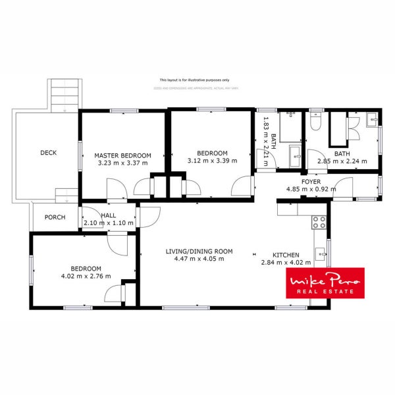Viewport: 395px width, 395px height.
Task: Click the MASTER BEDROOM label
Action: point(123,155)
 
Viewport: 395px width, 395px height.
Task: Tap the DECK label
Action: point(48,153)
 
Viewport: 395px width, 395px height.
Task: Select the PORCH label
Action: point(55,217)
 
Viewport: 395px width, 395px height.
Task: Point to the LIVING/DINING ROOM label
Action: point(199,251)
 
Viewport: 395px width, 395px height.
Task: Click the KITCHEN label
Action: point(286,255)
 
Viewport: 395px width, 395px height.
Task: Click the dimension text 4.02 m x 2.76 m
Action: point(86,276)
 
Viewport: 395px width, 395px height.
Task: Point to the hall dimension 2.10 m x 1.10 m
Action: point(109,223)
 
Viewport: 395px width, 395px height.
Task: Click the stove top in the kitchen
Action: point(319,222)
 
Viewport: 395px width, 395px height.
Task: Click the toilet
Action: point(315,122)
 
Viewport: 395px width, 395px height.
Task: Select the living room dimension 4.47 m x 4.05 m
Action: point(199,259)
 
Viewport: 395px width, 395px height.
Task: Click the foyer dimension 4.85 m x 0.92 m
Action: point(311,189)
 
